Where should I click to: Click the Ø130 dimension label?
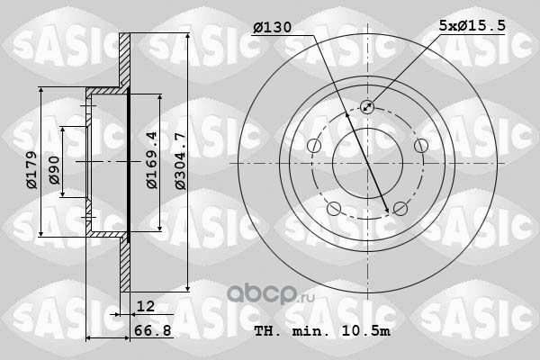pyautogui.click(x=272, y=27)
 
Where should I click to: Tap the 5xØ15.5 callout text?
pyautogui.click(x=472, y=25)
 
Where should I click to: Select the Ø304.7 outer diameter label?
pyautogui.click(x=180, y=161)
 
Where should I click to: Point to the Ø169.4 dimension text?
pyautogui.click(x=152, y=160)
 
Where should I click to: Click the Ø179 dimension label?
pyautogui.click(x=31, y=169)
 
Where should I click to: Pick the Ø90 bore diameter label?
pyautogui.click(x=54, y=170)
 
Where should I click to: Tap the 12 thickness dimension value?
pyautogui.click(x=146, y=306)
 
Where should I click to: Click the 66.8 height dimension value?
pyautogui.click(x=153, y=330)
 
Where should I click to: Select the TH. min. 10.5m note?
pyautogui.click(x=322, y=331)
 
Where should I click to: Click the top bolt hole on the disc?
pyautogui.click(x=367, y=107)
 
